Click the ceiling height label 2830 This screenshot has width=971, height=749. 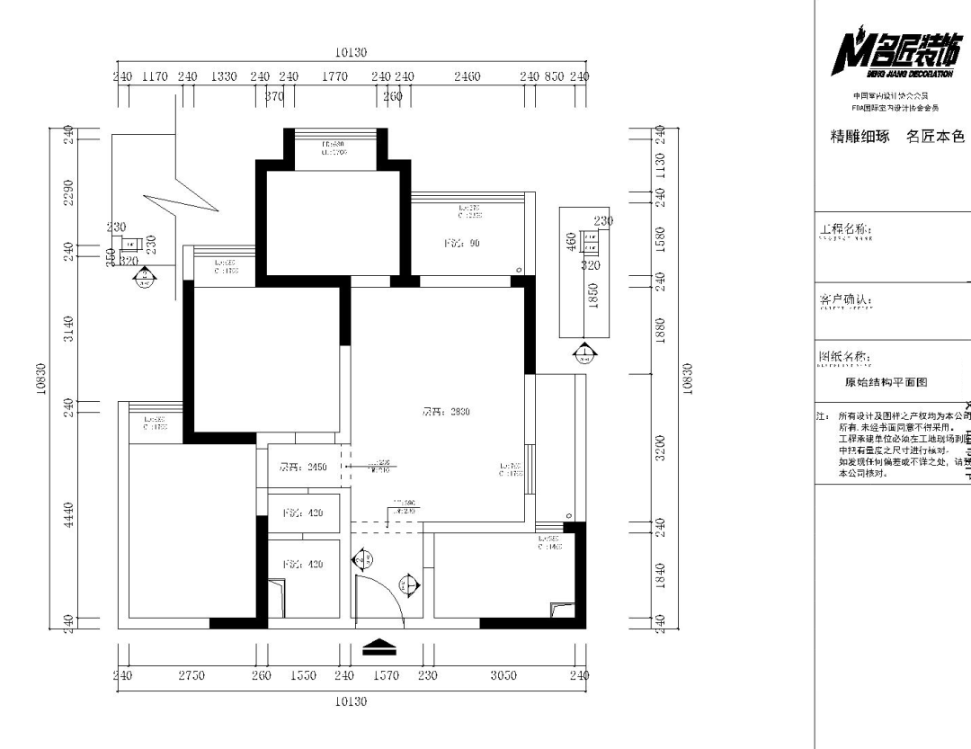pyautogui.click(x=447, y=412)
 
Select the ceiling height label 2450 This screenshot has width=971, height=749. pyautogui.click(x=302, y=467)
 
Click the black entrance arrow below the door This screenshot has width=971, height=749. pyautogui.click(x=379, y=646)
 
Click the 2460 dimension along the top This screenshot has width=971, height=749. pyautogui.click(x=467, y=76)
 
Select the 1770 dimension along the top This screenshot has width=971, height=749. pyautogui.click(x=334, y=76)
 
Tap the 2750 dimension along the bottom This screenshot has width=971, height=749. pyautogui.click(x=191, y=675)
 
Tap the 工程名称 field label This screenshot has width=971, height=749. pyautogui.click(x=845, y=231)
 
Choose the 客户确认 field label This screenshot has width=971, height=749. pyautogui.click(x=845, y=299)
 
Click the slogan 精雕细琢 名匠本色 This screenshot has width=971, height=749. pyautogui.click(x=897, y=137)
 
